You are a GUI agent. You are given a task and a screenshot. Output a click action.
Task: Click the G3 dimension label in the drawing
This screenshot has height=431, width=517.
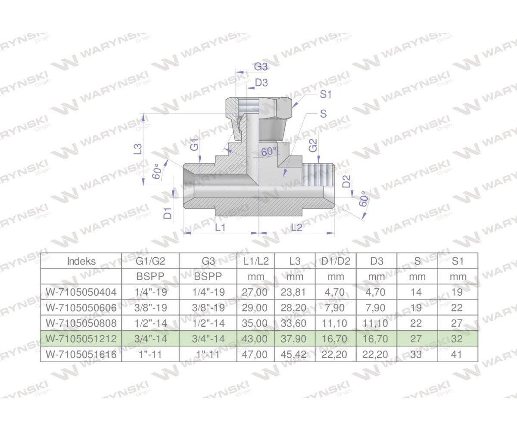click(261, 67)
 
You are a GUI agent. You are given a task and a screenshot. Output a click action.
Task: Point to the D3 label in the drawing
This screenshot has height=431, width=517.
click(262, 83)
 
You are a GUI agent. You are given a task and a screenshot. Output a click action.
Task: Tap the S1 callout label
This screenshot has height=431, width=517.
click(326, 94)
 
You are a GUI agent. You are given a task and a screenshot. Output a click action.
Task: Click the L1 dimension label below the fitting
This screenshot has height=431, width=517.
click(220, 227)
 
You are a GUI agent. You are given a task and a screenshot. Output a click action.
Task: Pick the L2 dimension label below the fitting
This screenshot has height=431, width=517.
click(296, 227)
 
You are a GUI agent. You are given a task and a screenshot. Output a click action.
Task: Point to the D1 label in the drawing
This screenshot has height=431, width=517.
click(168, 212)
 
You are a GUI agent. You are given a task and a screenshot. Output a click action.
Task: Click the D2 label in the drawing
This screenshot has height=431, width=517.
click(346, 181)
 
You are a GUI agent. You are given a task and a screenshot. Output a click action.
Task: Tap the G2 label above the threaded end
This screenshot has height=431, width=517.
click(313, 145)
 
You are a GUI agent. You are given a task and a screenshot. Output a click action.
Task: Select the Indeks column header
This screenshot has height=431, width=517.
click(81, 261)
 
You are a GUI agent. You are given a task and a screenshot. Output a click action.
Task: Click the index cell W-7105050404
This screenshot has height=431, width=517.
click(81, 292)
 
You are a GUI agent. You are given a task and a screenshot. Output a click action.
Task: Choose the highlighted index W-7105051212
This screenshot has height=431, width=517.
click(81, 339)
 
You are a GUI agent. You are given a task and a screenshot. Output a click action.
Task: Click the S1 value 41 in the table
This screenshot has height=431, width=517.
click(458, 354)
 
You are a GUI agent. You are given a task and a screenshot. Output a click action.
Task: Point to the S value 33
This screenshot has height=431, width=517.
click(416, 354)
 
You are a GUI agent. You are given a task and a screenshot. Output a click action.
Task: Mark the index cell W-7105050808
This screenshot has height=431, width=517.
click(81, 323)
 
